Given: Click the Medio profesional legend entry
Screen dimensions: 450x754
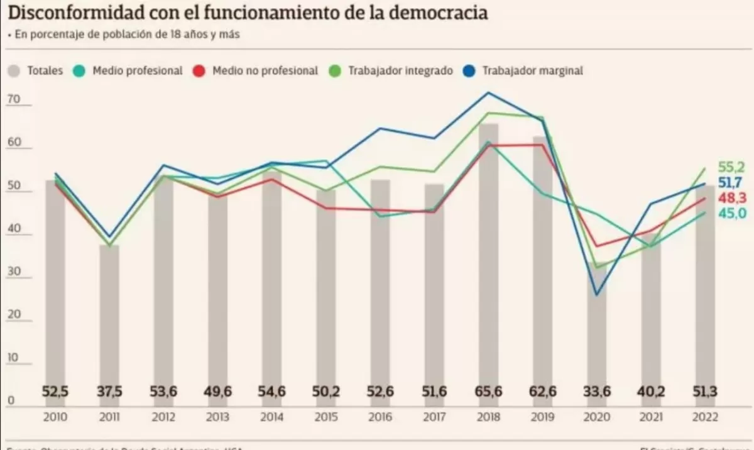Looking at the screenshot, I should click(129, 70).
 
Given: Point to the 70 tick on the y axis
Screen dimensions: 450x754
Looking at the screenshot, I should click(14, 99).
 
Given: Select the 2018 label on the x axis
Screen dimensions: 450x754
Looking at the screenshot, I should click(488, 417).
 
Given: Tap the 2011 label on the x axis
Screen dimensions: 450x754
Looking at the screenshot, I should click(109, 417).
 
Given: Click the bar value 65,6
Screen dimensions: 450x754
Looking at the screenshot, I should click(488, 392).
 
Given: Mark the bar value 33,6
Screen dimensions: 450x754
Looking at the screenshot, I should click(596, 392).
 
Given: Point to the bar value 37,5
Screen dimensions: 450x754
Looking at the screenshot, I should click(109, 392).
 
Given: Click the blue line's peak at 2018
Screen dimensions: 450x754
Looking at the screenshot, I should click(488, 92).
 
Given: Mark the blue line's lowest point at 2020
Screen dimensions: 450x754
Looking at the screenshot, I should click(596, 295).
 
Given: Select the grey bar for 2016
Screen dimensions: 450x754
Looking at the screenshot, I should click(380, 283).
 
